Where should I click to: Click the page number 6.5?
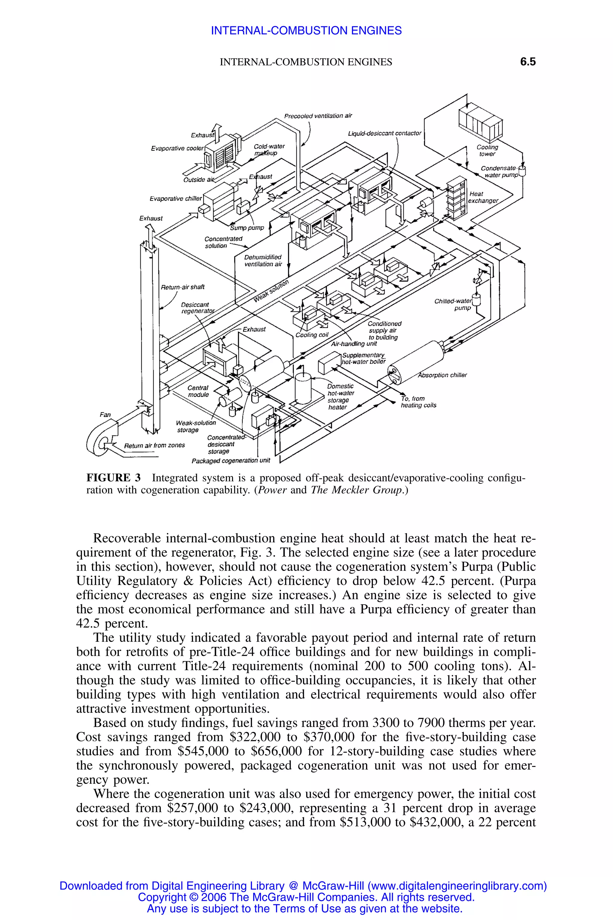[x=527, y=62]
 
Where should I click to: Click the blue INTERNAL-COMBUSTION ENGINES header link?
[x=306, y=31]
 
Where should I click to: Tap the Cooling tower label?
[x=487, y=151]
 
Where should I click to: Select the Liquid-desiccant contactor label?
[x=384, y=133]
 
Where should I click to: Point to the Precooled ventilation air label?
[x=318, y=116]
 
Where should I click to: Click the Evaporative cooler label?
[x=177, y=148]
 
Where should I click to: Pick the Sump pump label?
[x=247, y=228]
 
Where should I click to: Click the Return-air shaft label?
[x=183, y=287]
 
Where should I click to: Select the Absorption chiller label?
[x=442, y=375]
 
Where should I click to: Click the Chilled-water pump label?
[x=453, y=304]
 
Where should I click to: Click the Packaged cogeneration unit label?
[x=231, y=460]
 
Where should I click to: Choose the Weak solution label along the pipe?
[x=271, y=291]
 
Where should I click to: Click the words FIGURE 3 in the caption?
[x=113, y=478]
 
